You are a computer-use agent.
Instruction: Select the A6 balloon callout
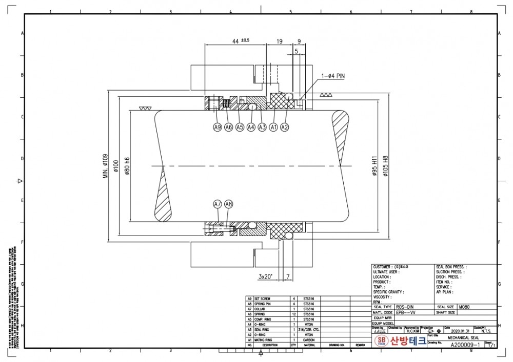[228, 127]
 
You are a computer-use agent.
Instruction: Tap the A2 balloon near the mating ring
[285, 127]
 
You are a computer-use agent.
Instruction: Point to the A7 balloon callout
[218, 204]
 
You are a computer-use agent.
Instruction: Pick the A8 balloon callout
[229, 204]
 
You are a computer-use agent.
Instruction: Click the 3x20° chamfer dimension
[265, 276]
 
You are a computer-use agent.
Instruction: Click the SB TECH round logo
[381, 341]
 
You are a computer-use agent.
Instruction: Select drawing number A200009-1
[465, 345]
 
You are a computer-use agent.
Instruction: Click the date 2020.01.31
[462, 332]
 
